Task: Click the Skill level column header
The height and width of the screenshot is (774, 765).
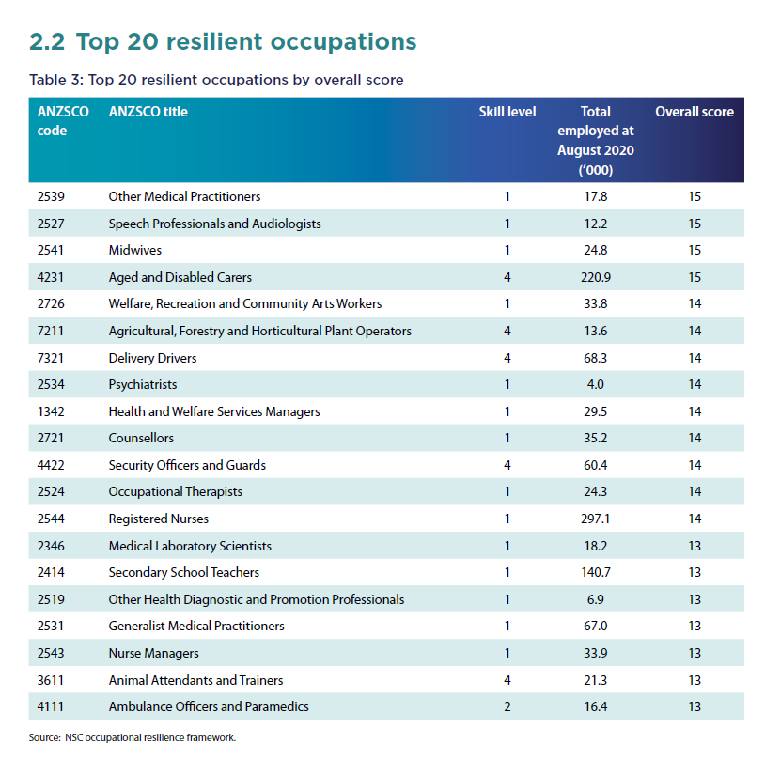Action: (x=507, y=112)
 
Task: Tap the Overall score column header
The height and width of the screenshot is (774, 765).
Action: (x=695, y=112)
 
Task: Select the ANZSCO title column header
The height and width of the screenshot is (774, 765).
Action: (x=148, y=112)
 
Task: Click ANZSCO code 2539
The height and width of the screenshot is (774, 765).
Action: (x=51, y=196)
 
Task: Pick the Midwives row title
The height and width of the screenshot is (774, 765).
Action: (x=134, y=250)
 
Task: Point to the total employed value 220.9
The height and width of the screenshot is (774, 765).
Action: (x=596, y=277)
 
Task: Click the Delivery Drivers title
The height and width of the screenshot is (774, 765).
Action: (x=152, y=358)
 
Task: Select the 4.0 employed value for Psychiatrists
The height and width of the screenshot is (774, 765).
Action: (x=596, y=384)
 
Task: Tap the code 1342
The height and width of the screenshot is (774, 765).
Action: (x=51, y=411)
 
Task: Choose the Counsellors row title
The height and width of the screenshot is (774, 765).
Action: (x=141, y=438)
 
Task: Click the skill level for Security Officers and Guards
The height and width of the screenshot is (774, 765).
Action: (x=507, y=465)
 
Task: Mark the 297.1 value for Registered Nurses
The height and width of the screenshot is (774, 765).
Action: (x=596, y=519)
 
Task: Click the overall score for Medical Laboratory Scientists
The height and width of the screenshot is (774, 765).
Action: (x=695, y=546)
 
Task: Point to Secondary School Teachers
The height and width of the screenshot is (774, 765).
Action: (x=183, y=572)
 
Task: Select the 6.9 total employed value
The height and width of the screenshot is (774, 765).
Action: (x=596, y=599)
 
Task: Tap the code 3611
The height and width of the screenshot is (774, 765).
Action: (x=51, y=680)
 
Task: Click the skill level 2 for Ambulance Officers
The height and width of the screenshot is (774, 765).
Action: (x=507, y=707)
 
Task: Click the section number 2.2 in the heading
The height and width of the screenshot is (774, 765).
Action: (x=47, y=41)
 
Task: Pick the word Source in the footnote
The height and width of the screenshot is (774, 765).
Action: (x=44, y=737)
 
